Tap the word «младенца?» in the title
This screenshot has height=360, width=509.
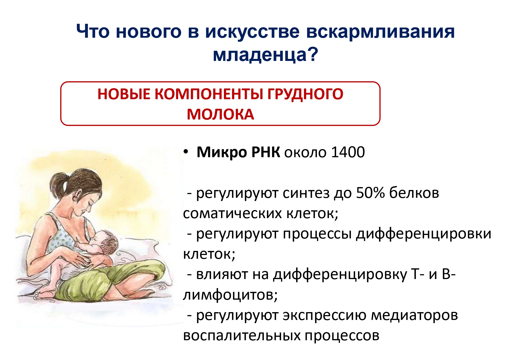click(265, 54)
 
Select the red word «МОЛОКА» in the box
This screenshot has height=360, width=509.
click(220, 114)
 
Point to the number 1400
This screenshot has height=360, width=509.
click(348, 152)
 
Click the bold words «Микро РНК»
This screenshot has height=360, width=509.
click(238, 152)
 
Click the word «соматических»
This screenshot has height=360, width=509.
click(233, 214)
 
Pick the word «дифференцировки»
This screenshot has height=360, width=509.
click(424, 234)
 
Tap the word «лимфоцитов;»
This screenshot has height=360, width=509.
click(231, 295)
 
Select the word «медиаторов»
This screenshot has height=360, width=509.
click(414, 315)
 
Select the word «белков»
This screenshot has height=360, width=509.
click(414, 193)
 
